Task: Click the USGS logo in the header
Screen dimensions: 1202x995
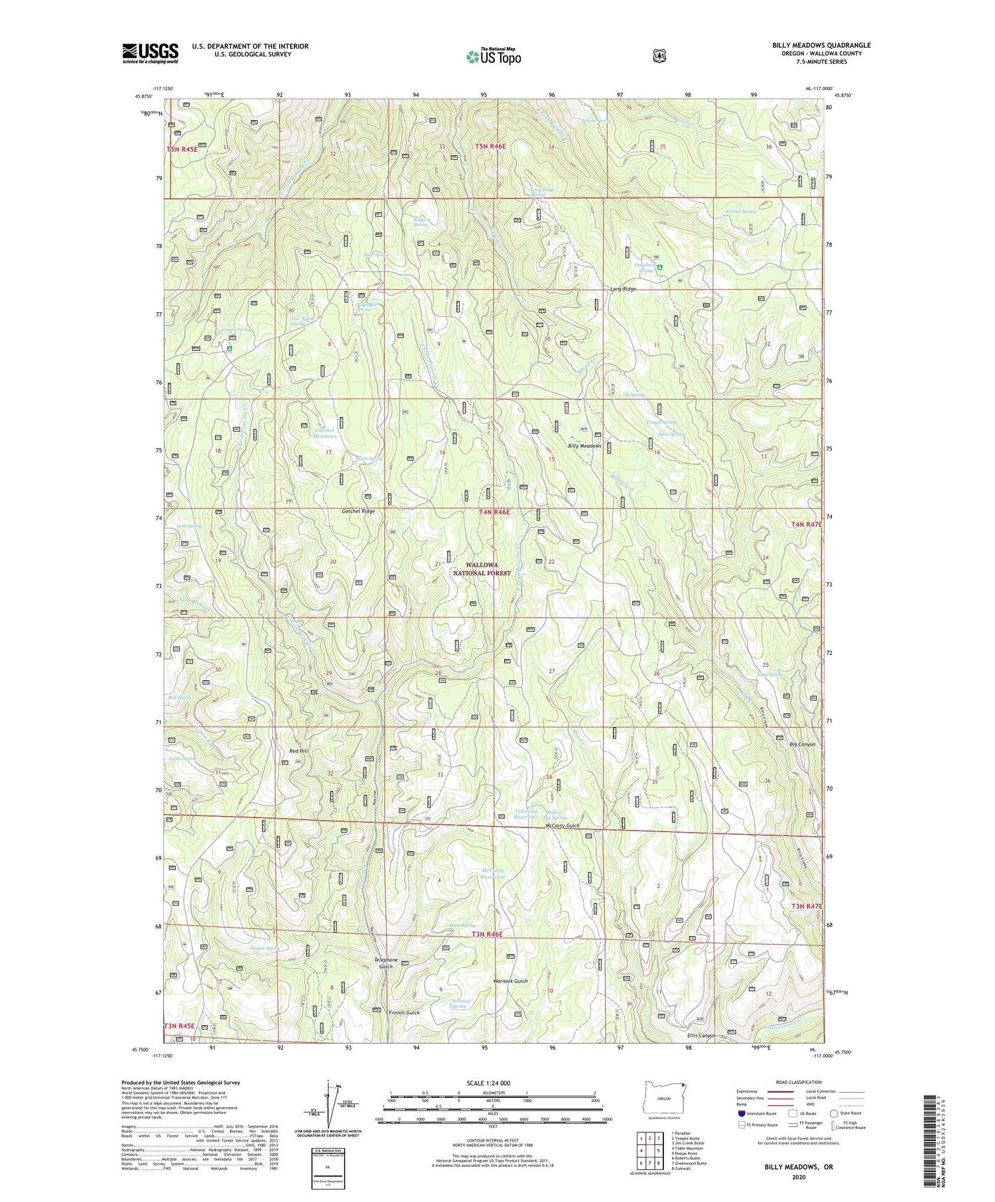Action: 150,53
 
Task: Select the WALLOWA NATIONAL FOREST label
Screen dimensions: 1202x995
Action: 482,569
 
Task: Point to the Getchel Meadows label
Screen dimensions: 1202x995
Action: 325,433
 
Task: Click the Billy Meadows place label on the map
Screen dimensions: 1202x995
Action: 584,446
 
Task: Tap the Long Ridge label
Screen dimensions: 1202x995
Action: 623,289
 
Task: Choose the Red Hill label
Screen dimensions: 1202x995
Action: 298,751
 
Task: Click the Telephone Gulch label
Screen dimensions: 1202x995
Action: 386,963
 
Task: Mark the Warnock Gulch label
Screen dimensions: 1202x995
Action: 511,981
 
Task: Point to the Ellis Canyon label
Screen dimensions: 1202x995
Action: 702,1036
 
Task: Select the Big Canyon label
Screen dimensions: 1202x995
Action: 802,745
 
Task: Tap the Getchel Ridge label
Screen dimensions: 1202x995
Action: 358,511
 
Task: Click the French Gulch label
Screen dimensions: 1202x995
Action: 404,1013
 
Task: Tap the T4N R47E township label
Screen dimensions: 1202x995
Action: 806,524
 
